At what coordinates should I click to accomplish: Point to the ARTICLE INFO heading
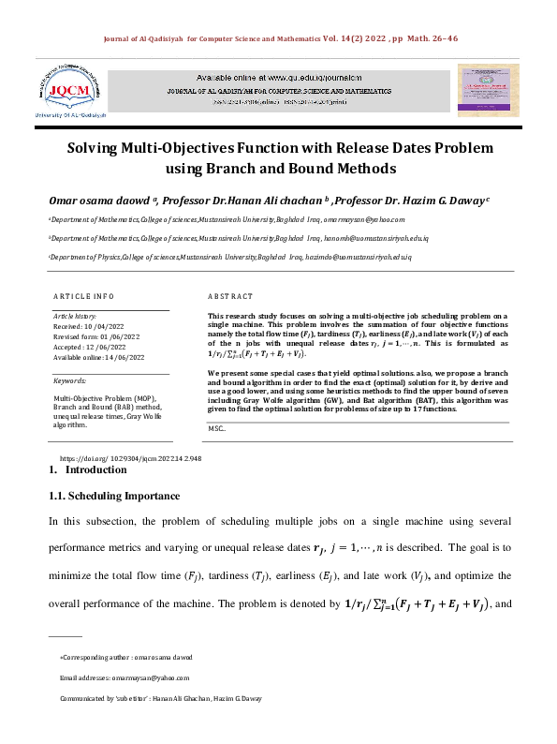coord(83,295)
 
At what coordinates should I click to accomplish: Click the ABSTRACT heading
coord(230,295)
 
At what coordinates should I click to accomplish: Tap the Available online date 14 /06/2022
coord(116,357)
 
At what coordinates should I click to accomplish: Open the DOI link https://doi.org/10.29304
coord(131,459)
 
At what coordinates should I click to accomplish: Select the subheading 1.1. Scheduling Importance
coord(113,496)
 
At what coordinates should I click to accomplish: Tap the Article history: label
coord(77,317)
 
